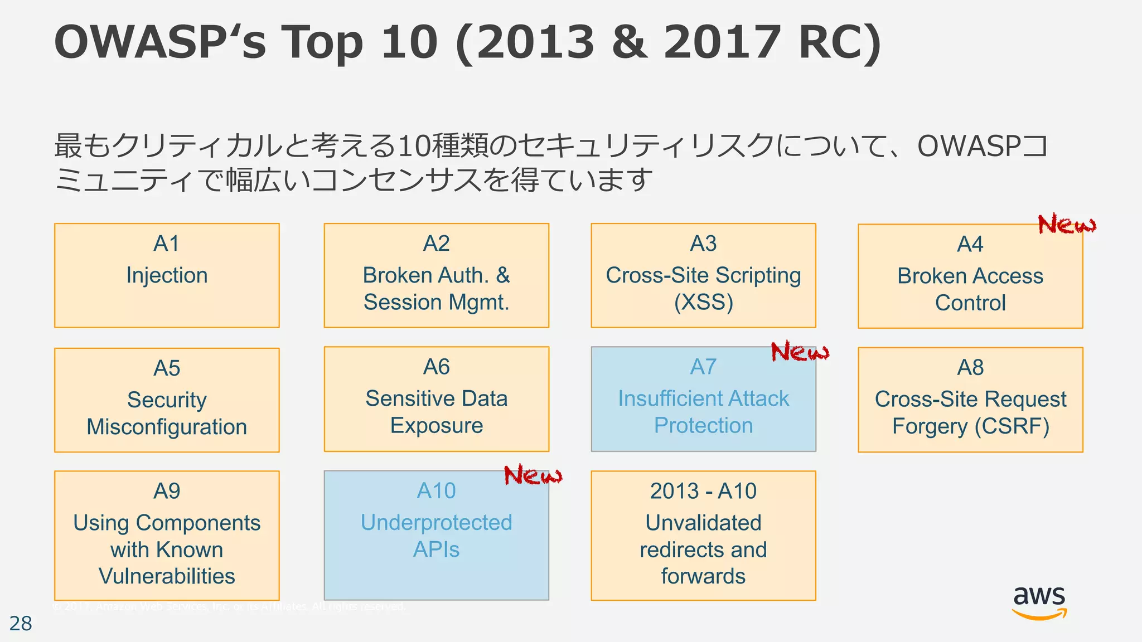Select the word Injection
(x=167, y=275)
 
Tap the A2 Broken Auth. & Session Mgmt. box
(x=436, y=275)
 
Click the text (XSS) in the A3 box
(x=703, y=302)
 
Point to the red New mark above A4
(x=1066, y=225)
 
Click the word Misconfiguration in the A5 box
(x=167, y=427)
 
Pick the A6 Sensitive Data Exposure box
(x=436, y=399)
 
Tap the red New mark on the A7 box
(x=800, y=352)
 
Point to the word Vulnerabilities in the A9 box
(x=167, y=576)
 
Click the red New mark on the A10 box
(x=533, y=475)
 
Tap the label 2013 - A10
(x=703, y=491)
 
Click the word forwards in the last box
(x=703, y=576)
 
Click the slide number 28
(x=21, y=624)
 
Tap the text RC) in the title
(x=840, y=42)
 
